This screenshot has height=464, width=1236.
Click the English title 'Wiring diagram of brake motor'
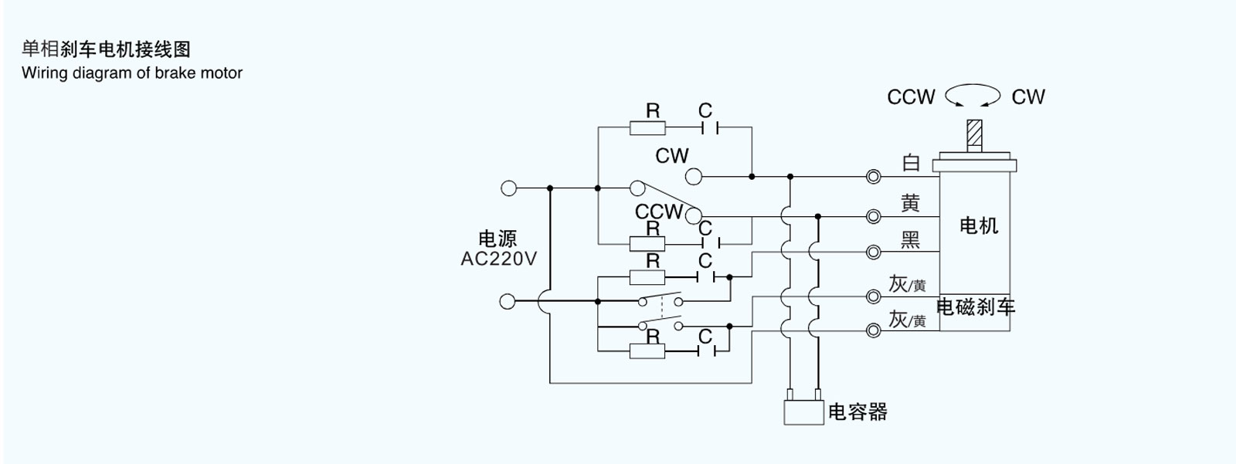click(x=132, y=73)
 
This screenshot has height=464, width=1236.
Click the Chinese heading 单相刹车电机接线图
click(x=106, y=49)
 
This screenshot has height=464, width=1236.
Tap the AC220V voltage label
click(x=498, y=259)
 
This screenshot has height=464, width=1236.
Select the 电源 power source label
click(x=497, y=239)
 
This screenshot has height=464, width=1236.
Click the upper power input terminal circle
click(x=508, y=188)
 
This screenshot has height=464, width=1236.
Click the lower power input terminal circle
click(x=508, y=301)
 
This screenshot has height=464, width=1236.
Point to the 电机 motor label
click(x=979, y=225)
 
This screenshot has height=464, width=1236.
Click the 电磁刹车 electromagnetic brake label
click(x=976, y=307)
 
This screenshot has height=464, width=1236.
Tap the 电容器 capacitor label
click(x=857, y=412)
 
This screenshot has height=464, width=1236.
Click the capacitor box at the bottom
click(x=803, y=412)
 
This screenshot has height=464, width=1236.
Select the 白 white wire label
click(x=912, y=163)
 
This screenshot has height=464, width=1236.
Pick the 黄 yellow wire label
click(x=911, y=203)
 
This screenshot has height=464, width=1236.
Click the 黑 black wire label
click(x=911, y=240)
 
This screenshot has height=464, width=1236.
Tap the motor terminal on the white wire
click(x=874, y=177)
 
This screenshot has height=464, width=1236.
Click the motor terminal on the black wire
click(x=874, y=252)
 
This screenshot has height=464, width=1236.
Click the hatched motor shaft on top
click(x=975, y=134)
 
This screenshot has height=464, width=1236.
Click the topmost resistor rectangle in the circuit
click(x=647, y=127)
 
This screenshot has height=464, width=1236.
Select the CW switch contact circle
click(x=694, y=177)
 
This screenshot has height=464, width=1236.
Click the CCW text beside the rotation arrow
click(x=911, y=97)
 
